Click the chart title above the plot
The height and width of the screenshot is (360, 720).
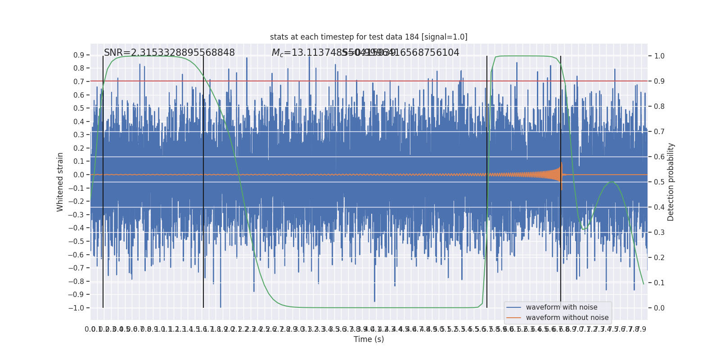click(x=369, y=37)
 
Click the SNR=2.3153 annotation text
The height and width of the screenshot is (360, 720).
click(x=169, y=53)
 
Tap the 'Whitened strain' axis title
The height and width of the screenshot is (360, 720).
click(x=60, y=182)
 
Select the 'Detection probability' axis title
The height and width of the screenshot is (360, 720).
click(x=671, y=182)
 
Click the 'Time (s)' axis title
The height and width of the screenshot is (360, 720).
click(x=369, y=339)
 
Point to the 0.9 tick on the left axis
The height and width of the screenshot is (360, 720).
click(x=79, y=55)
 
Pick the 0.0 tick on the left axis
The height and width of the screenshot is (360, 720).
click(x=79, y=175)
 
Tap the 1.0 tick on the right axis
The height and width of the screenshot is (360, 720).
click(x=659, y=56)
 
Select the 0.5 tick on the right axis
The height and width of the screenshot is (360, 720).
click(x=659, y=182)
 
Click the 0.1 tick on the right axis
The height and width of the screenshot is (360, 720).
click(x=659, y=283)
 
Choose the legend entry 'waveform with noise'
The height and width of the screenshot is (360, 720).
click(x=562, y=307)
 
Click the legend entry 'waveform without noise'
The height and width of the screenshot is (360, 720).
click(x=567, y=318)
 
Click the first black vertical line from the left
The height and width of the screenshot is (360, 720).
click(x=103, y=180)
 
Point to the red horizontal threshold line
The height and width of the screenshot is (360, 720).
click(x=315, y=81)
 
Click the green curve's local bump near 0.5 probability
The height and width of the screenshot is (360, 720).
click(x=611, y=182)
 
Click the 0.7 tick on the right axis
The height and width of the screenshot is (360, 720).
click(x=659, y=131)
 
